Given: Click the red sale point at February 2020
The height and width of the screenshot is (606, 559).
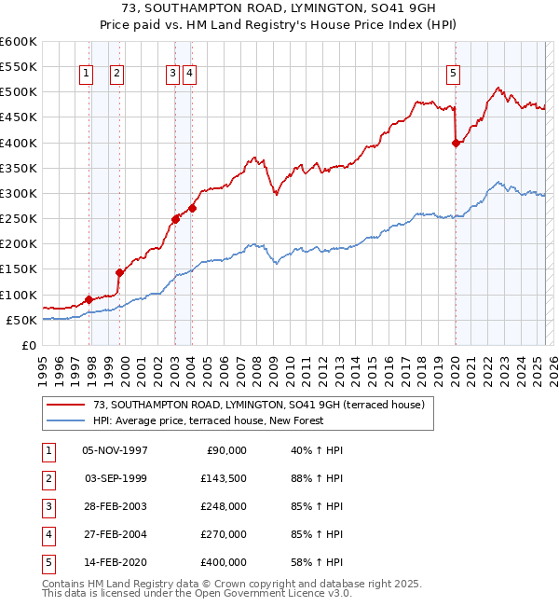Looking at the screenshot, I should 456,143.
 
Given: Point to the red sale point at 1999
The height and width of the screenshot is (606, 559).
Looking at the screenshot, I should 119,273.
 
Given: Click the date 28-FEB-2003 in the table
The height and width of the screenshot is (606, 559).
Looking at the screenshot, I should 116,506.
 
